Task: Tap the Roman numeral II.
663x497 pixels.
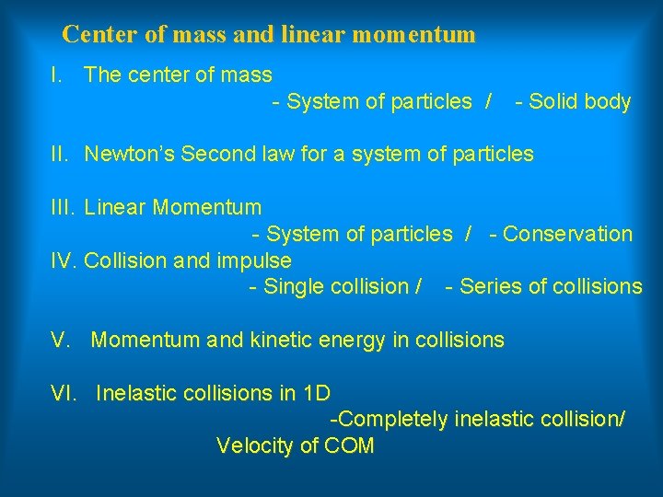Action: [62, 154]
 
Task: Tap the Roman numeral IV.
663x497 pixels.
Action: [64, 260]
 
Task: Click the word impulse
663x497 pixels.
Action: [254, 260]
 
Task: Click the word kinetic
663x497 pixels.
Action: [280, 340]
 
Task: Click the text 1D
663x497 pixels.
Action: [316, 393]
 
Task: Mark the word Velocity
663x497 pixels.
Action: [254, 446]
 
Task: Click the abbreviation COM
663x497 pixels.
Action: [349, 446]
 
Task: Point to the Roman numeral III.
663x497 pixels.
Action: [64, 207]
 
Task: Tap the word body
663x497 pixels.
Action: [608, 101]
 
